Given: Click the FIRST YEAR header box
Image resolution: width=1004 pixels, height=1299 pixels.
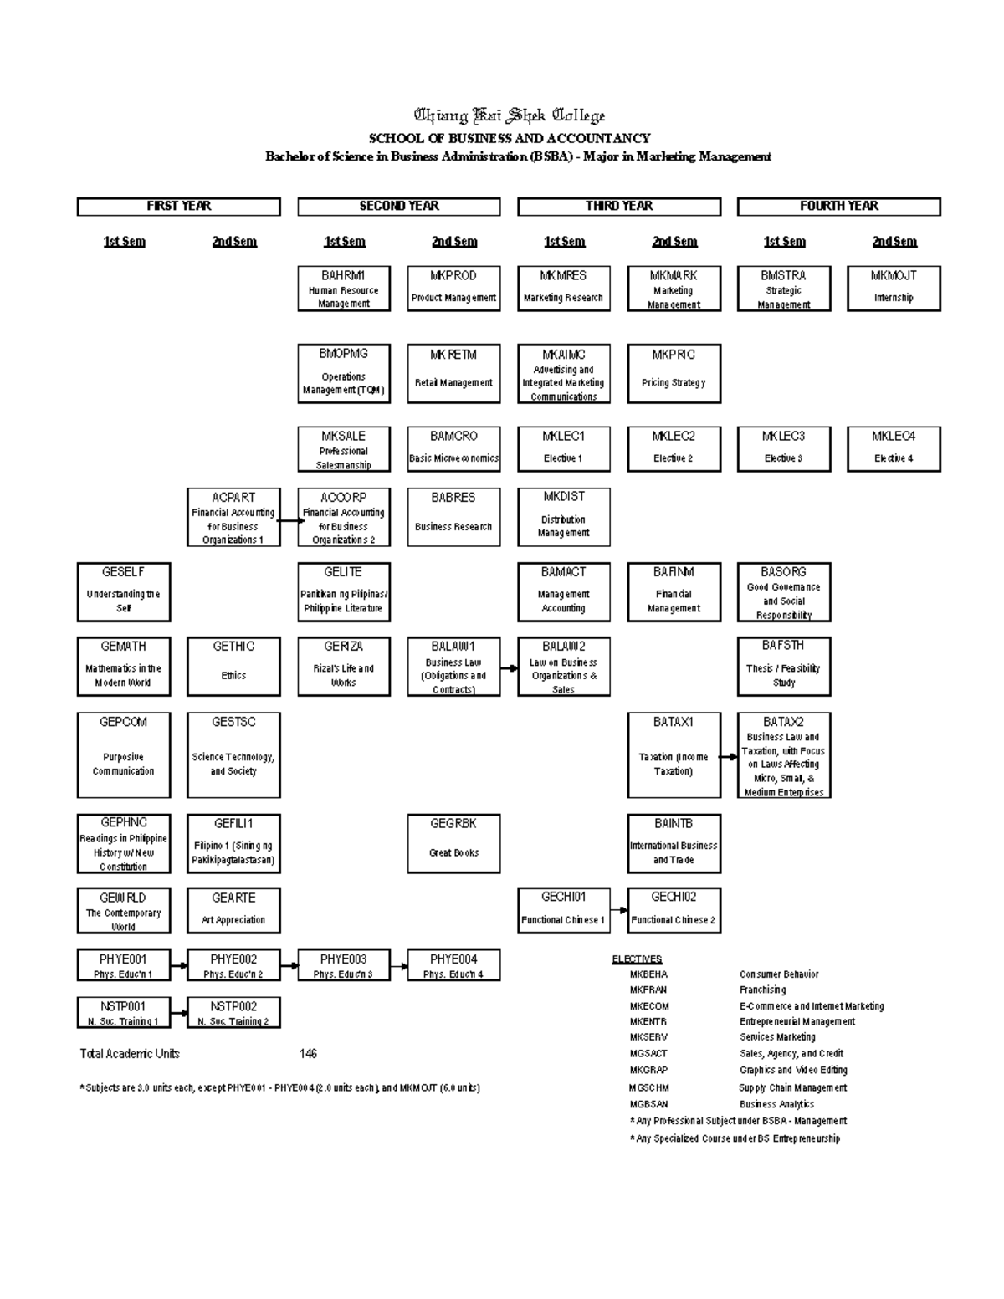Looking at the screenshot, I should click(178, 207).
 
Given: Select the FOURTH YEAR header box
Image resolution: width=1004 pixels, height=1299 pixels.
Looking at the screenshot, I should click(838, 207).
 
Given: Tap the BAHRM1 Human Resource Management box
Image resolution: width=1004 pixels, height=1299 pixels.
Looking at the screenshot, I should click(344, 289).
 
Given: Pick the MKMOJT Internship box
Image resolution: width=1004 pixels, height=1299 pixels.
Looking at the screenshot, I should click(894, 289).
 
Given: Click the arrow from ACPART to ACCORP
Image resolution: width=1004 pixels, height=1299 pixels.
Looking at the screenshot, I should click(289, 519).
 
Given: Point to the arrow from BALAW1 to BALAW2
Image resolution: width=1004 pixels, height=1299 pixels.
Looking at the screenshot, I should click(509, 667).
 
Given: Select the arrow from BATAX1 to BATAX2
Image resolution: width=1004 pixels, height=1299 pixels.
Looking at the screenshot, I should click(729, 756).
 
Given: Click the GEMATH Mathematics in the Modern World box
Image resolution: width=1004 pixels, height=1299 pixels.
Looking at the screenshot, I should click(124, 667).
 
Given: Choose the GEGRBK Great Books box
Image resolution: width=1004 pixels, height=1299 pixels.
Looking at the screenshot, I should click(453, 844).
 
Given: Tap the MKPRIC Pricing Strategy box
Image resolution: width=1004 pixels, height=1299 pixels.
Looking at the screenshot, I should click(674, 373).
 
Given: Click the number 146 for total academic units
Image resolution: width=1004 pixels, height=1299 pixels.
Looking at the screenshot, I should click(308, 1054).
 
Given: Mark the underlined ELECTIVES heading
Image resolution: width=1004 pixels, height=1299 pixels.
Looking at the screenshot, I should click(637, 959).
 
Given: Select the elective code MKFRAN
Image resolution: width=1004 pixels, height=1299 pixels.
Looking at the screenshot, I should click(648, 990).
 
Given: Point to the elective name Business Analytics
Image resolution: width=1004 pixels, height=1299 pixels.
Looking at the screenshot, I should click(776, 1104).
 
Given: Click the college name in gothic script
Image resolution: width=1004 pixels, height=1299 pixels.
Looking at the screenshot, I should click(510, 116).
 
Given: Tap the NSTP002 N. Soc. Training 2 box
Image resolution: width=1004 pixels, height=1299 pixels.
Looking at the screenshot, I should click(233, 1012).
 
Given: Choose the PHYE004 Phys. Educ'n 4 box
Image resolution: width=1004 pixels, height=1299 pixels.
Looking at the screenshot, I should click(453, 965).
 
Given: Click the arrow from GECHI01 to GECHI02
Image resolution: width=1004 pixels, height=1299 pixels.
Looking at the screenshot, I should click(619, 911).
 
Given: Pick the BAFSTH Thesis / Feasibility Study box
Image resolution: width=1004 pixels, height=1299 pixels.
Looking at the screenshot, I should click(784, 667).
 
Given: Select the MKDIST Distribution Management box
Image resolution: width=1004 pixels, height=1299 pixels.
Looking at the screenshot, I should click(564, 518).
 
